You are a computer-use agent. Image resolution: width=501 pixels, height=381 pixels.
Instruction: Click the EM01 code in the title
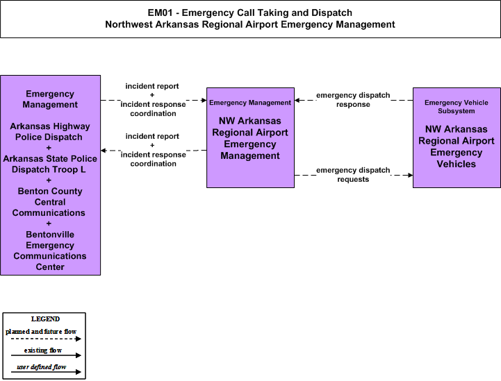click(x=160, y=12)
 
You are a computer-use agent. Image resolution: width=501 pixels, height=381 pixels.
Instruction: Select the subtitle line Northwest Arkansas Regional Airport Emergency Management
click(x=250, y=24)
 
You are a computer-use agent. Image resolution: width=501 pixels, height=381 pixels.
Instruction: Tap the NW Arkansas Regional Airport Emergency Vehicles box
click(x=457, y=137)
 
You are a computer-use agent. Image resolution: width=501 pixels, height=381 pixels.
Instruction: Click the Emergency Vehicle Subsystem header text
click(x=457, y=107)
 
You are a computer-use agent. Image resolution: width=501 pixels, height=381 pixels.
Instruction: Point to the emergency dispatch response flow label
click(x=353, y=100)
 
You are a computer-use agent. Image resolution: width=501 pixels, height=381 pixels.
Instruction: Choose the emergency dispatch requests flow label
click(x=353, y=175)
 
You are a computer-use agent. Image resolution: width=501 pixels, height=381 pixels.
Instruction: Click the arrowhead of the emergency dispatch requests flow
click(x=410, y=175)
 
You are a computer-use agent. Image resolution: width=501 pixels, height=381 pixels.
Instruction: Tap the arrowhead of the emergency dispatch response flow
click(x=297, y=100)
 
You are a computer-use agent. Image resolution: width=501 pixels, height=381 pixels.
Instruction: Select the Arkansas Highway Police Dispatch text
click(x=50, y=131)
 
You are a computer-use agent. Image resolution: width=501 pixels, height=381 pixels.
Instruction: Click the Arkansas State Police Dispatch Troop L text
click(x=50, y=164)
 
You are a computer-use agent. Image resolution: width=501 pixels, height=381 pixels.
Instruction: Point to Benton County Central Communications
click(x=49, y=202)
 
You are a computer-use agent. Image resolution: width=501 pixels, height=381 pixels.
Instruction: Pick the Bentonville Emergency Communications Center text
click(x=50, y=251)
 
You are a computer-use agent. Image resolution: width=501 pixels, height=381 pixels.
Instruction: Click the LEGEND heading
click(x=45, y=319)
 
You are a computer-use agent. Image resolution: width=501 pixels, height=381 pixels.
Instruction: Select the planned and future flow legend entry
click(x=41, y=332)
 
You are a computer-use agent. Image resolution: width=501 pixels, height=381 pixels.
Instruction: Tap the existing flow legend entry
click(x=43, y=350)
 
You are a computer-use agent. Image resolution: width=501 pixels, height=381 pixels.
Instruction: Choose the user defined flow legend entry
click(x=42, y=367)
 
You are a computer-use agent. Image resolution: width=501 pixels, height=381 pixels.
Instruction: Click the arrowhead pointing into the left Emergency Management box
click(x=104, y=151)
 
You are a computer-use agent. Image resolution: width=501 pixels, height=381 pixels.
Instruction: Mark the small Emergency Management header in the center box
click(x=250, y=103)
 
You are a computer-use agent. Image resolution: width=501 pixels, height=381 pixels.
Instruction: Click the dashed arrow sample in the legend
click(x=46, y=339)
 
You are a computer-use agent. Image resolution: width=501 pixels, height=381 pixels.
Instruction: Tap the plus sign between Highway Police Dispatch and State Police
click(x=49, y=148)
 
